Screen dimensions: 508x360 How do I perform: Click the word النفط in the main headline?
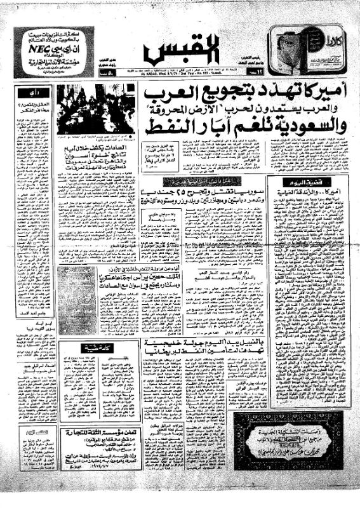[x=166, y=119]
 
